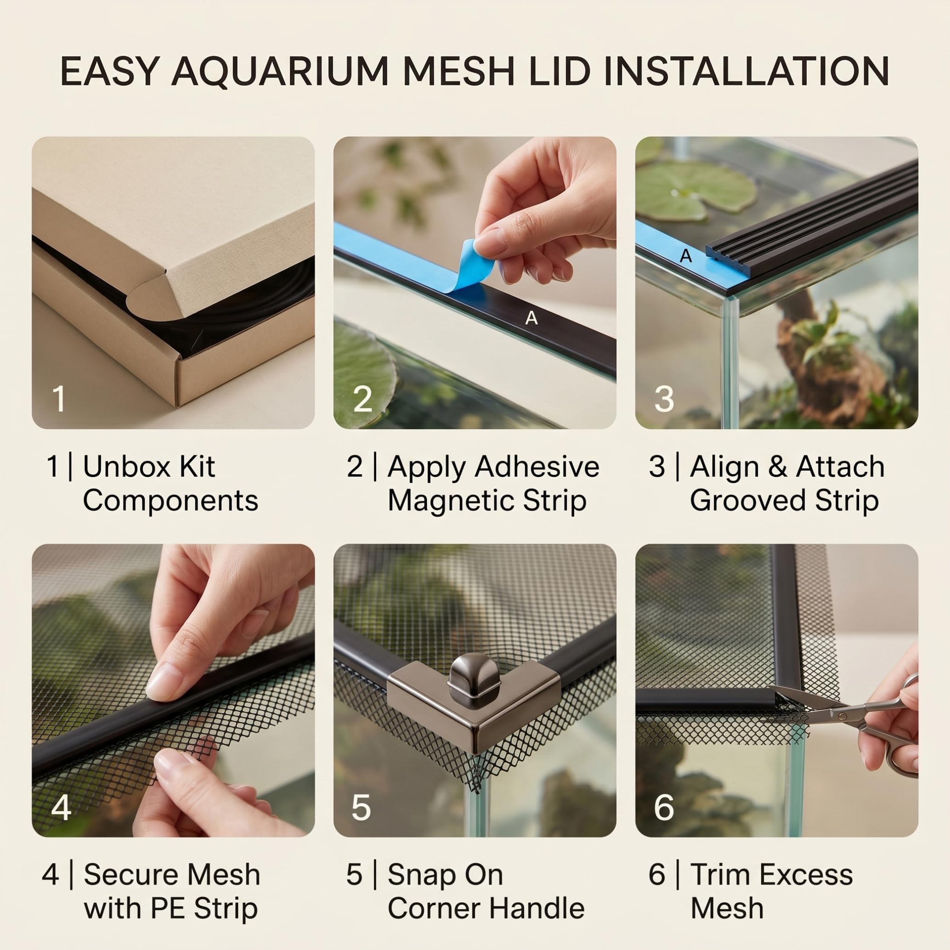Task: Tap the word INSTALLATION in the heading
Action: coord(746,71)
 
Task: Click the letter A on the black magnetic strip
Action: coord(531,319)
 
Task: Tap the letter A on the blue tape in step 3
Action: coord(685,256)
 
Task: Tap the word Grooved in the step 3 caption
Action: coord(748,501)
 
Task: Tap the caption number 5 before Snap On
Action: coord(354,875)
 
